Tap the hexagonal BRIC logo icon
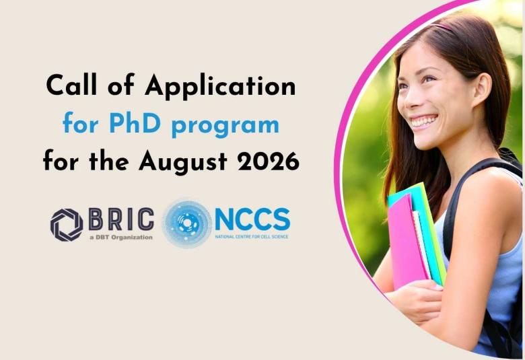point(67,224)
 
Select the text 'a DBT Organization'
point(120,237)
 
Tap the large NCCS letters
point(252,219)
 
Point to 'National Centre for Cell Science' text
point(252,237)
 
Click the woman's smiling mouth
point(425,122)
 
